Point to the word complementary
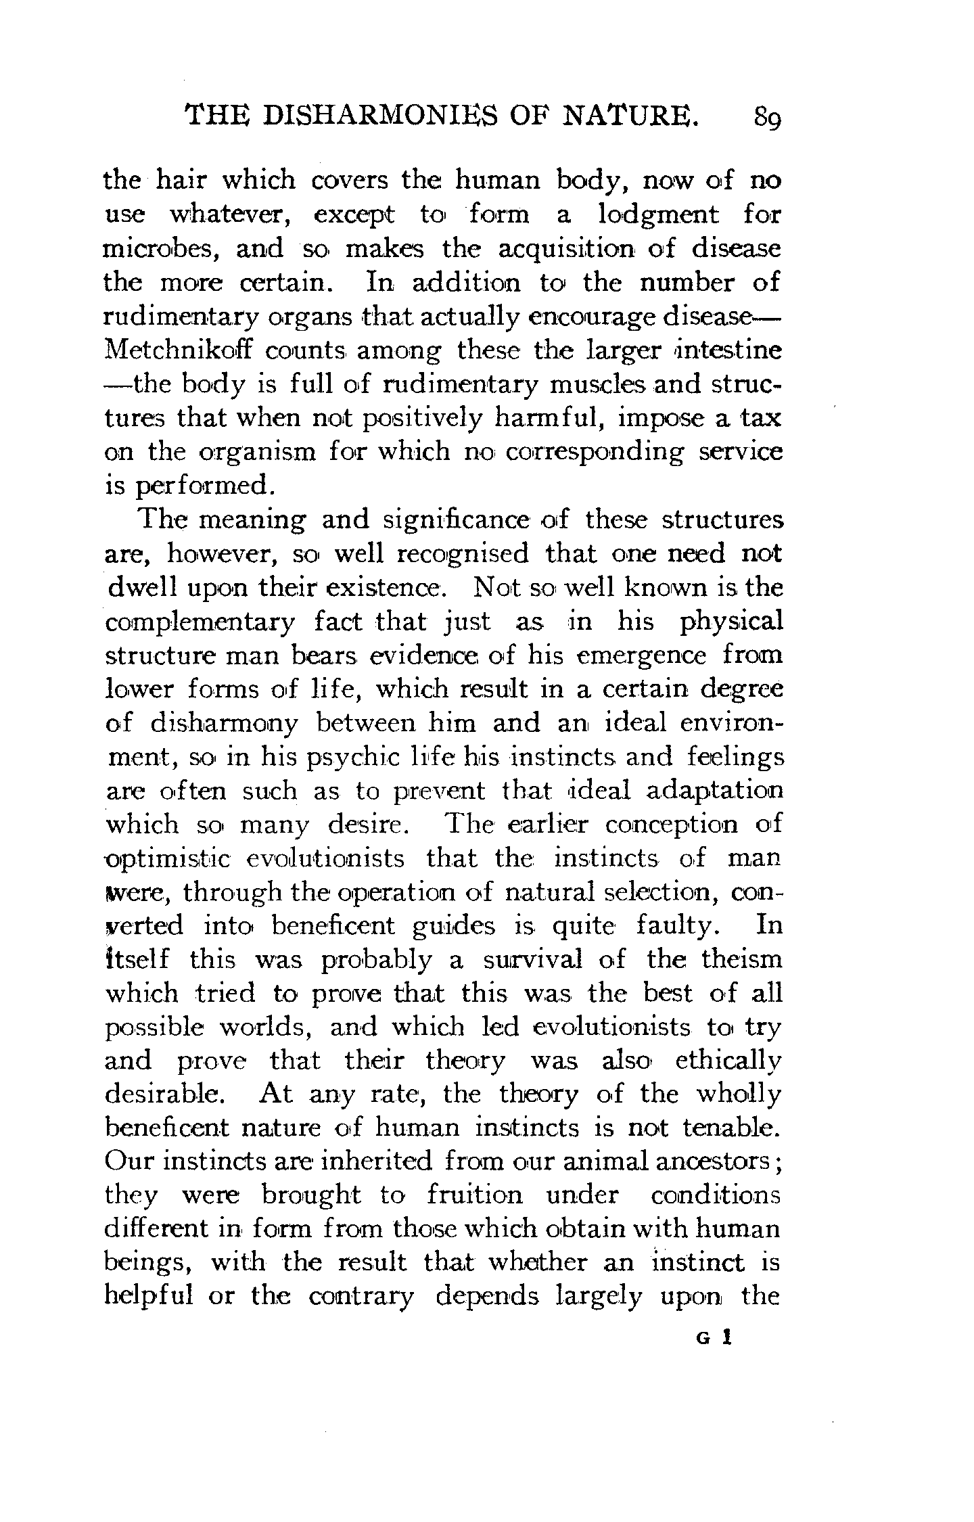[200, 623]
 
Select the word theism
[741, 960]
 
